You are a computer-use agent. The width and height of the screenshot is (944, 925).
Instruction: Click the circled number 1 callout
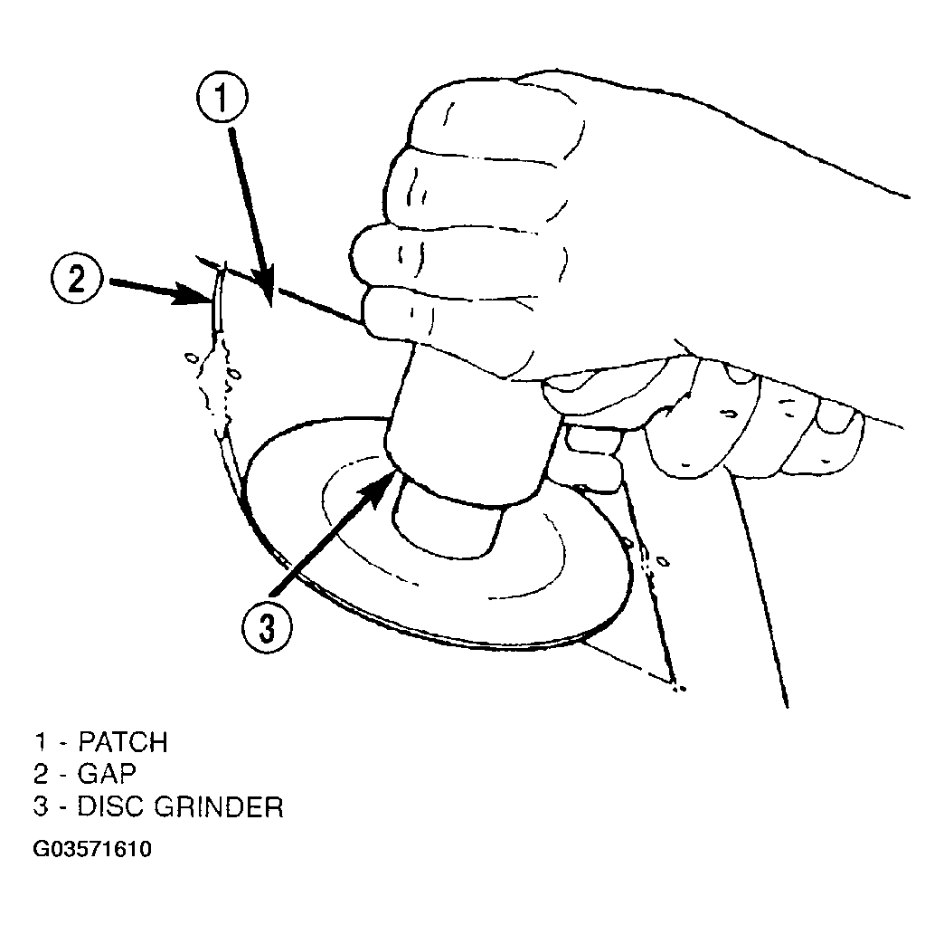click(x=222, y=99)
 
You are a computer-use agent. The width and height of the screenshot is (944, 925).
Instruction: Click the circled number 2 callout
click(x=77, y=280)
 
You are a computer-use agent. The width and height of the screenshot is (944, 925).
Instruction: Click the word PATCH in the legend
click(x=123, y=742)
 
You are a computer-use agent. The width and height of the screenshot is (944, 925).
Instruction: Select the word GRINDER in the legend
click(x=219, y=806)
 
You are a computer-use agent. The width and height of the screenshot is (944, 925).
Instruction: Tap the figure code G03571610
click(x=92, y=849)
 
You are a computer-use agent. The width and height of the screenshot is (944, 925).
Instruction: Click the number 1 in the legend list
click(x=41, y=742)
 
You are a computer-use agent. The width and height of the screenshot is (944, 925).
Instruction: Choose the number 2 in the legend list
click(x=41, y=774)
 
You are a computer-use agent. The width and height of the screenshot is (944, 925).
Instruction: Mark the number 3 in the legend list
click(x=41, y=806)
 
